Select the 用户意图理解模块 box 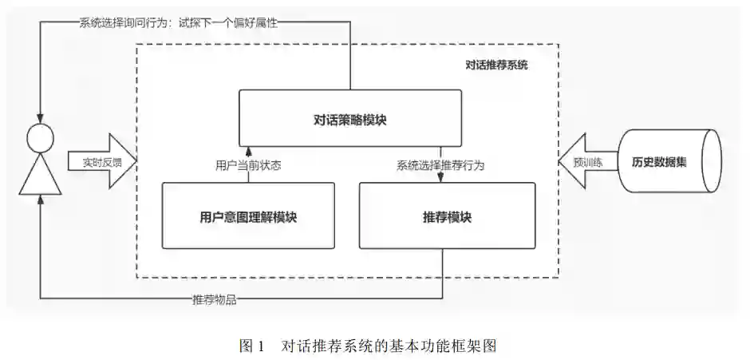point(248,216)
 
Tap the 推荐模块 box point(447,216)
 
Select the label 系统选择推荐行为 point(441,167)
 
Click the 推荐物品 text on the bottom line point(215,300)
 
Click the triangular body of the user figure point(40,177)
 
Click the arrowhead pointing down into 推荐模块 point(441,179)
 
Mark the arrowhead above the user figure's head point(40,117)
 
